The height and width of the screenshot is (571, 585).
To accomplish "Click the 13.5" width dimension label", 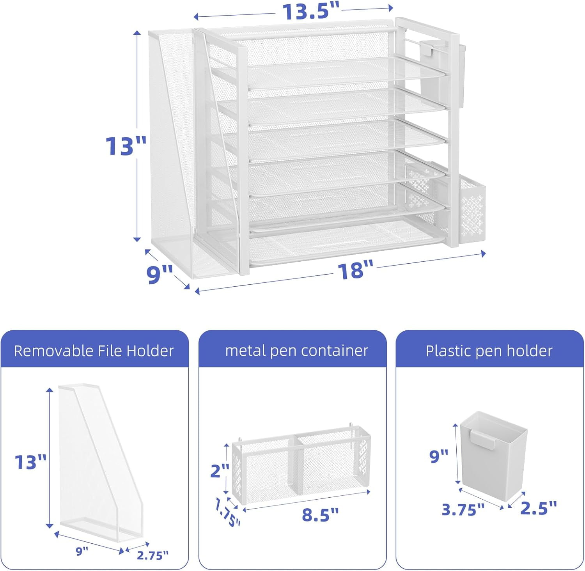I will (x=311, y=11).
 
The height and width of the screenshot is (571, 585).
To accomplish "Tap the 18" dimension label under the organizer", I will (x=355, y=270).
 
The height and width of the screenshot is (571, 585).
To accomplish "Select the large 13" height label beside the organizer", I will (x=126, y=146).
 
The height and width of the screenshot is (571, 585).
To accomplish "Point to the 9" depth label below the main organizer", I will (x=160, y=274).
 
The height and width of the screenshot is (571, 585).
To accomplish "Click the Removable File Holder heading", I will (x=94, y=351).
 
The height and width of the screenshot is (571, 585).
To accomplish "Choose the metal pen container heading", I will (x=296, y=351).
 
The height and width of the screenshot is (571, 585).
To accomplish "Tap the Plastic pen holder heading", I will (x=489, y=351).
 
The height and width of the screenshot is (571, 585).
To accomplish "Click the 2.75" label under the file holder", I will (x=152, y=555).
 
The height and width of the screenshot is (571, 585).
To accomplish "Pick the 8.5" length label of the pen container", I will (x=320, y=515).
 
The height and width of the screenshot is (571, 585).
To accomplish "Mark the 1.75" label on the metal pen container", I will (x=227, y=512).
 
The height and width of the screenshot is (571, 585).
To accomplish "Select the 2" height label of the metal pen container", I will (x=219, y=470).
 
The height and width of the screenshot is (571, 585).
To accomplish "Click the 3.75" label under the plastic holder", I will (x=463, y=509).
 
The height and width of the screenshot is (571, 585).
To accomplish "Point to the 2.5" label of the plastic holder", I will (x=539, y=507).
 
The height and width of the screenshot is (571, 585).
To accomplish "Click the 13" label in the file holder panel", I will (x=30, y=462).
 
